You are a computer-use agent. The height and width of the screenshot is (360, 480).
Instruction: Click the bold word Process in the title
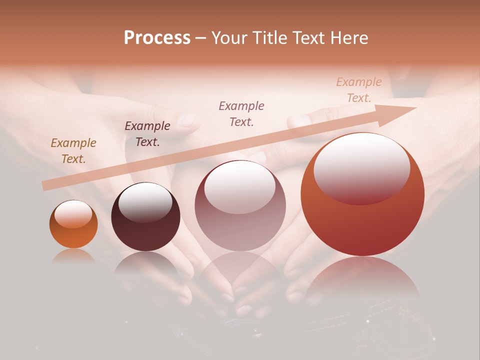[x=157, y=37]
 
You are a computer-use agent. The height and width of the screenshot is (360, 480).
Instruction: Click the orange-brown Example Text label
[x=73, y=151]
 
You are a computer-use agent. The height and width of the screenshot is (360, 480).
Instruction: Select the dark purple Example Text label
[x=147, y=134]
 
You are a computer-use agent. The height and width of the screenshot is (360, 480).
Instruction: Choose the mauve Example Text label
[x=241, y=113]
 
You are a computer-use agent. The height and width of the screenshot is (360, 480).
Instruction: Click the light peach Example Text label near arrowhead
[x=359, y=90]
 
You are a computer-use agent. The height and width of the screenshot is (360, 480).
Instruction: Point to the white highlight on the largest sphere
[x=361, y=167]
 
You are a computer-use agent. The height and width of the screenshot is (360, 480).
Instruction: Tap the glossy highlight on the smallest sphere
[x=73, y=214]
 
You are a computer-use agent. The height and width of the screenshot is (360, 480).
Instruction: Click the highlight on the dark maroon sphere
[x=145, y=202]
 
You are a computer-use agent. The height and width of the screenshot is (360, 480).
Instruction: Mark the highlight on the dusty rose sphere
[x=240, y=187]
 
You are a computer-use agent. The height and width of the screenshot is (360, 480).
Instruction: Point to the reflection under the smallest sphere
[x=73, y=256]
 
